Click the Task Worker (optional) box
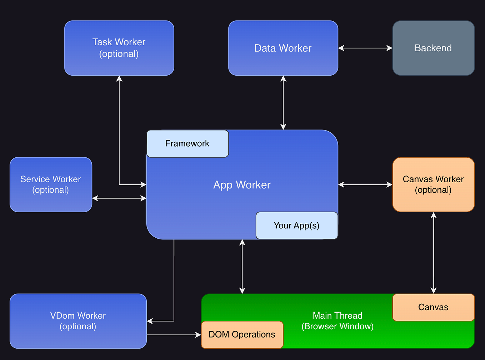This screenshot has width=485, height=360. click(x=119, y=48)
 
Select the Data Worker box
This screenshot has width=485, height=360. click(x=283, y=48)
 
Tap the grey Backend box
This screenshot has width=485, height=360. click(x=433, y=48)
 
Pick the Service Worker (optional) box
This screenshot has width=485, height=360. click(x=51, y=184)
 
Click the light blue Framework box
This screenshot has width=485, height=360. click(x=187, y=143)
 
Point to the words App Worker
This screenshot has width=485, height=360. click(x=242, y=185)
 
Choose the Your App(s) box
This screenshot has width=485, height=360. click(x=296, y=225)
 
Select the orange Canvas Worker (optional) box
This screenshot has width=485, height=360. click(x=433, y=184)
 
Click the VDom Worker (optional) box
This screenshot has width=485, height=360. click(x=78, y=321)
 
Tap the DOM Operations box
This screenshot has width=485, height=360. click(x=242, y=335)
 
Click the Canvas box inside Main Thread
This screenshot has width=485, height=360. click(x=433, y=307)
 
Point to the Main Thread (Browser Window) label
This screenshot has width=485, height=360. click(x=337, y=321)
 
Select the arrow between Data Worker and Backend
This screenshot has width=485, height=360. click(x=365, y=48)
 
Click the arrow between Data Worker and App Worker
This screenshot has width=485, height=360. click(x=283, y=102)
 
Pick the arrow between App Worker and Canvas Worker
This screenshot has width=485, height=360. click(x=365, y=184)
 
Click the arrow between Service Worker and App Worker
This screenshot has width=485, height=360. click(x=119, y=198)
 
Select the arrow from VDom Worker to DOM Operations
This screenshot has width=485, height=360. click(x=174, y=335)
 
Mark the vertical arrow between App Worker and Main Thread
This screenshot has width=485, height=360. click(x=242, y=266)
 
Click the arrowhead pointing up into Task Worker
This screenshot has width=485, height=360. click(x=119, y=78)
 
